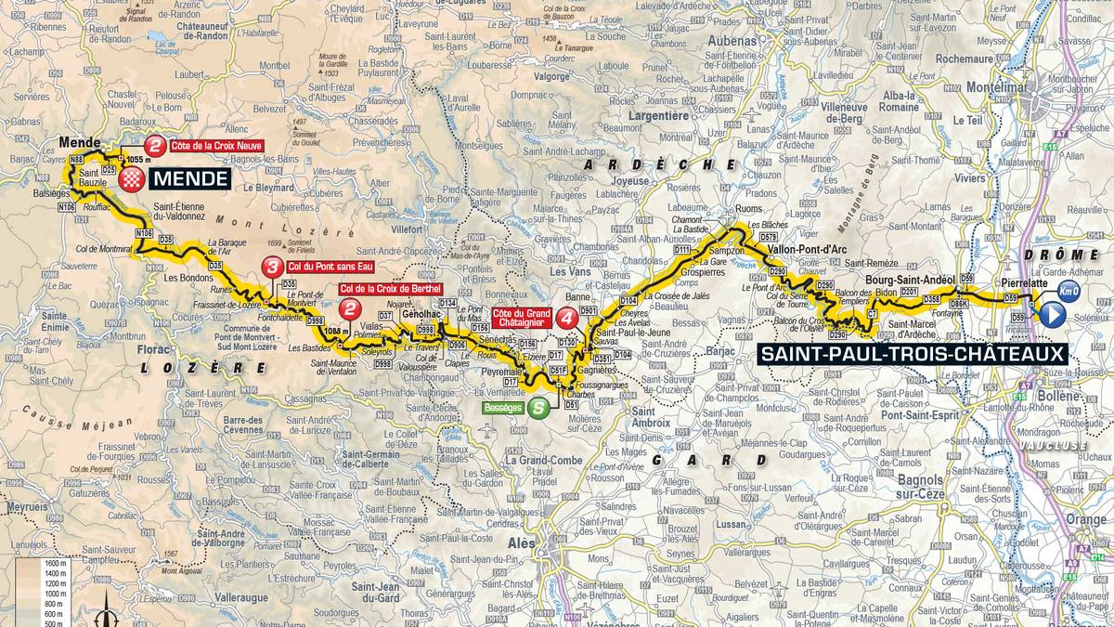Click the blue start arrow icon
coord(1052,316)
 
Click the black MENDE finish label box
coord(188,177)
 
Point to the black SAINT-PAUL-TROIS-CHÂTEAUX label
coord(913,353)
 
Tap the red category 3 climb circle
coord(271,268)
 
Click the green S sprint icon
coord(538,407)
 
